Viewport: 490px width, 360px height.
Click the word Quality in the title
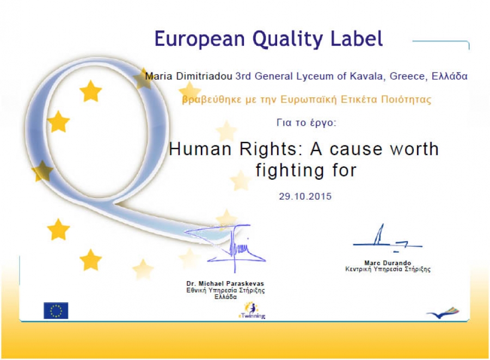288,40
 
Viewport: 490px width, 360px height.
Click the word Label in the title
357,39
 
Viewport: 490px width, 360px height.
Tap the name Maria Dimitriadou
188,76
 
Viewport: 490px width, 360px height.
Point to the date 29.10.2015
305,196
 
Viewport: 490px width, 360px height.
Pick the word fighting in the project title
290,171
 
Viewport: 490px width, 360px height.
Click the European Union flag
56,310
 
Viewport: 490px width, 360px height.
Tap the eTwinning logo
252,310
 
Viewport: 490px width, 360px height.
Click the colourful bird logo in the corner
443,313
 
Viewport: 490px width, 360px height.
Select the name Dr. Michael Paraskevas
225,283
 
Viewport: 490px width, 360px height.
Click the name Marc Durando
388,263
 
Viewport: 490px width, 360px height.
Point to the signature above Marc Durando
388,238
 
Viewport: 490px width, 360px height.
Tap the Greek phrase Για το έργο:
306,123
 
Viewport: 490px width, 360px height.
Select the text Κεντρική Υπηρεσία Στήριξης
388,270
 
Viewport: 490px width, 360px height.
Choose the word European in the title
200,40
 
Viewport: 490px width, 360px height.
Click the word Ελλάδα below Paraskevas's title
225,297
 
